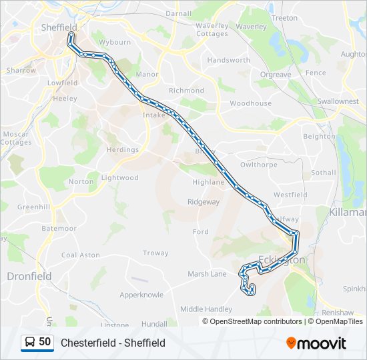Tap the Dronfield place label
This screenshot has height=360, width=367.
28,275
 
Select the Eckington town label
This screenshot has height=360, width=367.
281,260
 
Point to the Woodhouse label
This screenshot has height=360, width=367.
250,103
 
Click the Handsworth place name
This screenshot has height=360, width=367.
228,60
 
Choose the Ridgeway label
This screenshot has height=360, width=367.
203,201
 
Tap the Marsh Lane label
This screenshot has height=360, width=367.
207,273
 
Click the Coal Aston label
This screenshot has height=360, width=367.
80,255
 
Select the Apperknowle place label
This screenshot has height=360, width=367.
141,294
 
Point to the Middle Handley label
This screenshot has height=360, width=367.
206,309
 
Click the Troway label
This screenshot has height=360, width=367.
155,253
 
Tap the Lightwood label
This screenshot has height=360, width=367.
119,178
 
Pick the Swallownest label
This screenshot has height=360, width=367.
338,101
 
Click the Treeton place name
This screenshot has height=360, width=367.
285,18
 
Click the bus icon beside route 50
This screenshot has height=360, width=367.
30,342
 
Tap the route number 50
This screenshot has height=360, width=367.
45,342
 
